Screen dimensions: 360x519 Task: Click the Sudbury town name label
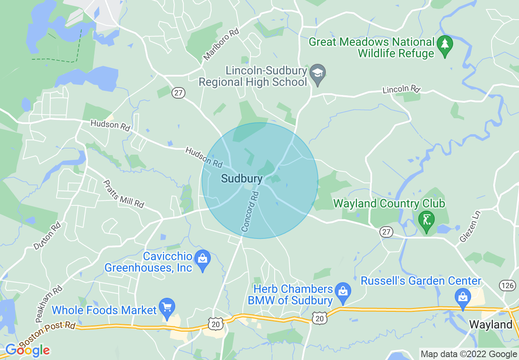click(x=241, y=179)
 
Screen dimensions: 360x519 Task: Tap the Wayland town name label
click(x=490, y=325)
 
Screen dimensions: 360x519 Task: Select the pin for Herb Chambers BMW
click(x=343, y=291)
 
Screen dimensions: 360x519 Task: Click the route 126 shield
click(x=508, y=286)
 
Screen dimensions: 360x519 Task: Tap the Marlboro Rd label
click(x=221, y=44)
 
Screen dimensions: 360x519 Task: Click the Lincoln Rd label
click(x=402, y=89)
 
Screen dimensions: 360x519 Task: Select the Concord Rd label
click(x=250, y=211)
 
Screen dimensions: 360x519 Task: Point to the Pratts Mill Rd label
click(x=124, y=193)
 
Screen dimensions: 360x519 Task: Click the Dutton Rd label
click(x=47, y=236)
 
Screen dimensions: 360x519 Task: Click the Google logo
click(x=27, y=351)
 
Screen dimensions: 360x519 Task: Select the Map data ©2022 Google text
click(x=469, y=354)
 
